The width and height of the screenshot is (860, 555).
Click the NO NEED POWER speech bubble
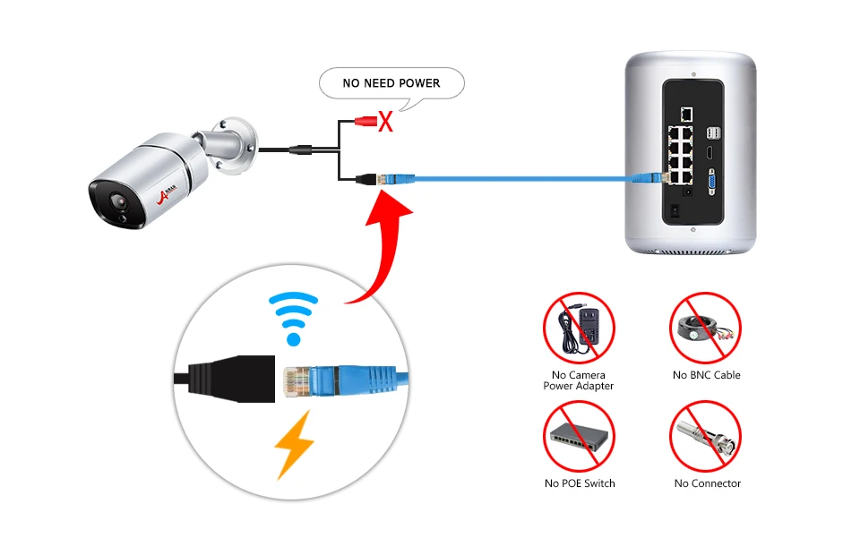[x=391, y=83]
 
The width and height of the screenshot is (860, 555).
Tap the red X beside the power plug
[x=385, y=122]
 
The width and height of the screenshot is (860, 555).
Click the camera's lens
[x=118, y=202]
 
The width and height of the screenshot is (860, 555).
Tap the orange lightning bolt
[x=295, y=444]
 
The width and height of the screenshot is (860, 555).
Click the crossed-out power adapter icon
[x=579, y=328]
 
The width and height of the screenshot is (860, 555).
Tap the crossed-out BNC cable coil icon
[x=705, y=328]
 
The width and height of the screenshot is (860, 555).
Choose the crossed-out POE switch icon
[x=579, y=436]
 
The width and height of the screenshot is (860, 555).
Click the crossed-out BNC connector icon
[x=705, y=436]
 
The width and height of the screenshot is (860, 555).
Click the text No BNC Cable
[x=707, y=375]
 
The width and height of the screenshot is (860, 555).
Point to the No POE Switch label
[x=580, y=483]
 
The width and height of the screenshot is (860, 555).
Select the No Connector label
[x=708, y=483]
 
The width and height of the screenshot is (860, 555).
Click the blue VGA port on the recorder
[x=711, y=182]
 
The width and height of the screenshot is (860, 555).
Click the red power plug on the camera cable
[x=365, y=121]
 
